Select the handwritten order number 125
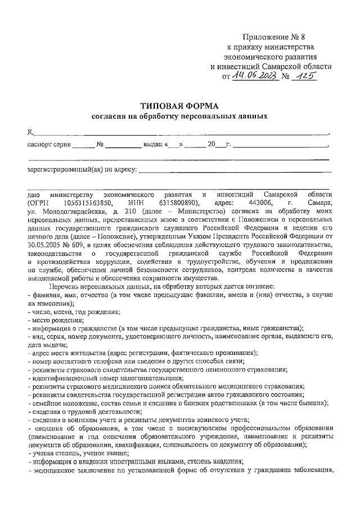click(x=305, y=76)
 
